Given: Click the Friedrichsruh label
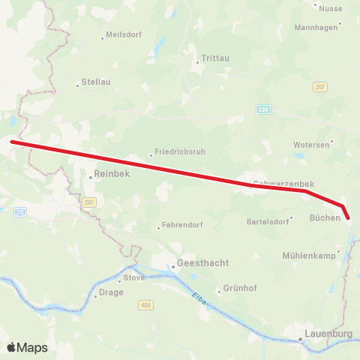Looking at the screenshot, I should [179, 151].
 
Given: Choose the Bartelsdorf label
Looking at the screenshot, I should [268, 221].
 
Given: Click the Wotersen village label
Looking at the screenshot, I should [311, 144].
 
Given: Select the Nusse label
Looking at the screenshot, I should [331, 8].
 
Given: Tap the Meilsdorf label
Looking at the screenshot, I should [124, 35].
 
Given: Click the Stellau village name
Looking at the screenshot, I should [95, 84].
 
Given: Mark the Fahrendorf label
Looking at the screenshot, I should [179, 226].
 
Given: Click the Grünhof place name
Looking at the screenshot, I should [239, 290].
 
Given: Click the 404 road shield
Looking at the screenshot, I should [145, 305].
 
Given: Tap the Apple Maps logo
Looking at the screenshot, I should [27, 347].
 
